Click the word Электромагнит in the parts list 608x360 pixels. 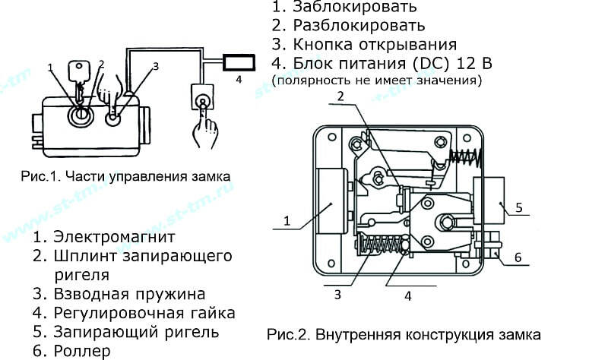coord(115,236)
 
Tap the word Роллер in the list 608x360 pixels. coord(82,351)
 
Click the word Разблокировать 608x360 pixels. coord(359,26)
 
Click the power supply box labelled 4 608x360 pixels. coord(239,63)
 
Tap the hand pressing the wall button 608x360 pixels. coord(204,130)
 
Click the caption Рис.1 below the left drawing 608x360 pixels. coord(125,176)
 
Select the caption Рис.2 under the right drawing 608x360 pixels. coord(404,334)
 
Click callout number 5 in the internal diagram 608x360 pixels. coord(519,207)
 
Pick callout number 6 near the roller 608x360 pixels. coord(518,257)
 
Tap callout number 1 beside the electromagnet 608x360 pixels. coord(287,221)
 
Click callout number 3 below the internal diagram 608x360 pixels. coord(337,295)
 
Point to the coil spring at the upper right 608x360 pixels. coord(465,158)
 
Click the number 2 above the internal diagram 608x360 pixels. coord(340,96)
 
